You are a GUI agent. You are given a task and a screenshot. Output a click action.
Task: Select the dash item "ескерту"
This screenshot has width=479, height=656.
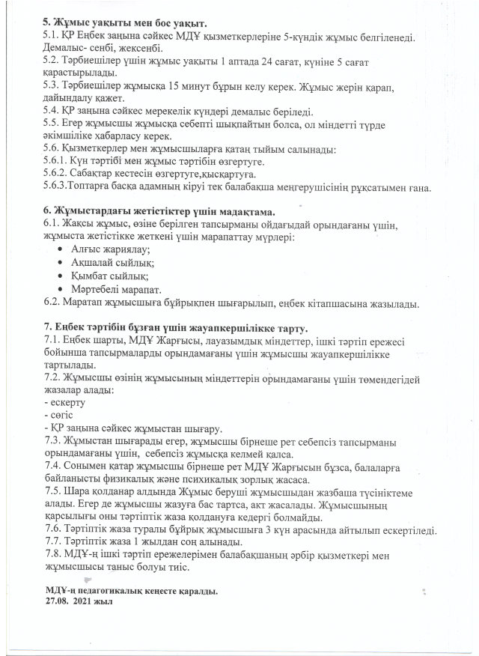(x=68, y=403)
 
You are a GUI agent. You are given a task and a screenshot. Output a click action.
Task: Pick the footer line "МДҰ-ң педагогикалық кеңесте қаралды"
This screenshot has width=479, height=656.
(x=131, y=591)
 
